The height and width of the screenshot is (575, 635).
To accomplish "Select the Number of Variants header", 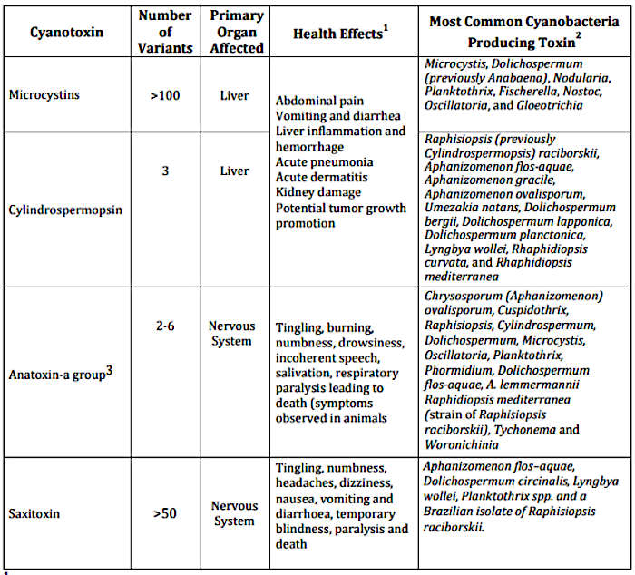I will (x=165, y=33).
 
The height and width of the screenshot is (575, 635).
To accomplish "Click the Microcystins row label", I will (x=45, y=93).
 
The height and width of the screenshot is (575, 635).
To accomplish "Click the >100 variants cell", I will (x=165, y=93).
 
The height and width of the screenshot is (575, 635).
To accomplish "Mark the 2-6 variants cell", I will (x=165, y=325).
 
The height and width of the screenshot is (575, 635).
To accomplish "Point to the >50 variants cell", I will (x=165, y=513).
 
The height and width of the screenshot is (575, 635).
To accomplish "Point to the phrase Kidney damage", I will (x=318, y=192).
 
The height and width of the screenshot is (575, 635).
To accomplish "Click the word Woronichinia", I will (x=460, y=444).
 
